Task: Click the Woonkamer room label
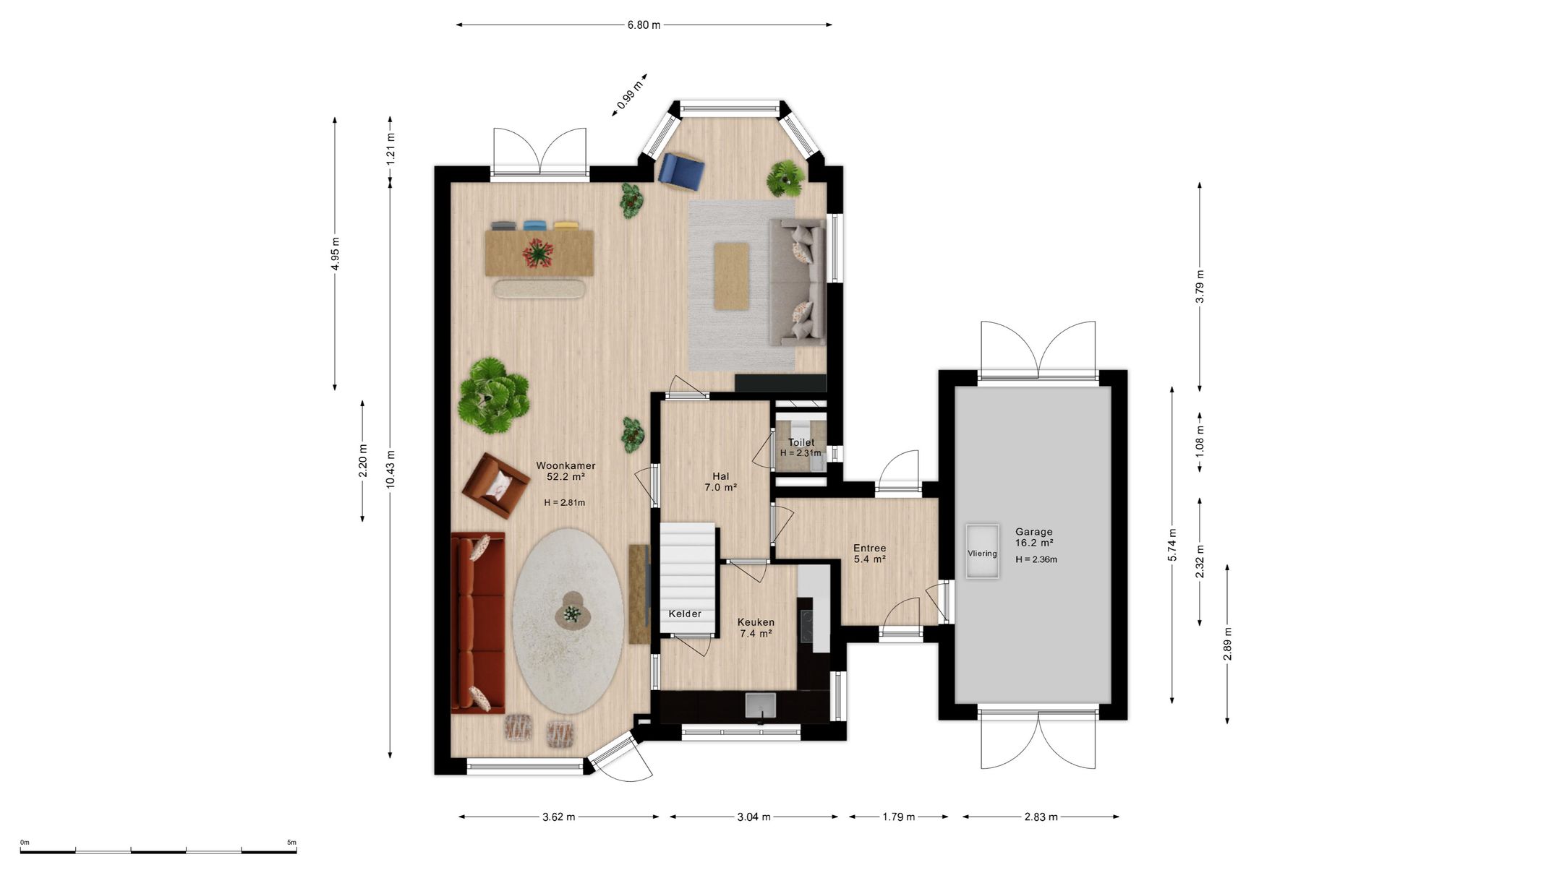pos(566,466)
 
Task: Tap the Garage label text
pos(1033,531)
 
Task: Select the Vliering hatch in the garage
pos(983,551)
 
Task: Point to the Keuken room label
pos(756,622)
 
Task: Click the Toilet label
pos(801,442)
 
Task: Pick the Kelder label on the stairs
pos(685,614)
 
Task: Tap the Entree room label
pos(869,548)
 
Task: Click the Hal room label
pos(720,476)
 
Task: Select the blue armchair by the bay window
pos(681,171)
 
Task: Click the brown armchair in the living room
pos(496,486)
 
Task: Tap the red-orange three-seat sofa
pos(478,623)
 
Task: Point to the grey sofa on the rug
pos(797,283)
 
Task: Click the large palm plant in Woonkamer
pos(494,395)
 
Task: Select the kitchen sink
pos(760,707)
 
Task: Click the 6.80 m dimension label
pos(644,25)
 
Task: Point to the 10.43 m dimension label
pos(390,469)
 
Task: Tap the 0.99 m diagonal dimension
pos(630,95)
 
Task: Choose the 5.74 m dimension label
pos(1172,545)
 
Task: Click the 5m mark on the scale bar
pos(291,843)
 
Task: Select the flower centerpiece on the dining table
pos(538,253)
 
